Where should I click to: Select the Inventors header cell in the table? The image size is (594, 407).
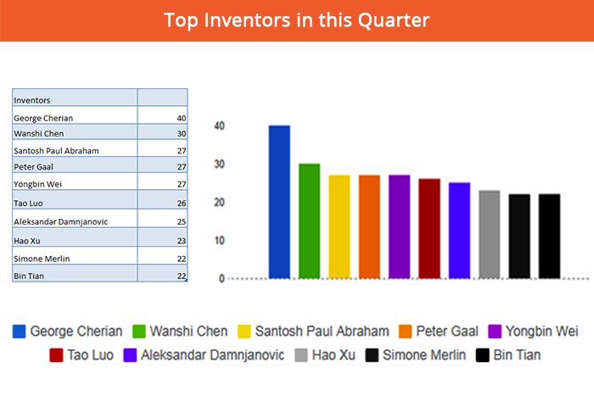coord(75,98)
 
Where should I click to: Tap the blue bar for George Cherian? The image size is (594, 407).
coord(279,202)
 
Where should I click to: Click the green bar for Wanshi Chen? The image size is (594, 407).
coord(310,221)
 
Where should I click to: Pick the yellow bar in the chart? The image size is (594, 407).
coord(339,226)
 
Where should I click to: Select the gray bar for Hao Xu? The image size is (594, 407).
coord(490,234)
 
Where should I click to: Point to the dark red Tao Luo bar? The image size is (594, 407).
coord(429,229)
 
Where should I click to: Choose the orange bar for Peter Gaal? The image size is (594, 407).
coord(369,226)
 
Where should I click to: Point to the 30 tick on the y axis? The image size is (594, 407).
coord(219,164)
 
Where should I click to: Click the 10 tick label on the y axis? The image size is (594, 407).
coord(219,241)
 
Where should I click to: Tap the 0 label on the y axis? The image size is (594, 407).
coord(221,279)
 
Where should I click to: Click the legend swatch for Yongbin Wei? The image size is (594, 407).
coord(495,332)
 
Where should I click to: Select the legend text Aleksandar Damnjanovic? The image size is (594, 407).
coord(212,355)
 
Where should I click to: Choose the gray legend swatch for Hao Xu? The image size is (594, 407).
coord(301,355)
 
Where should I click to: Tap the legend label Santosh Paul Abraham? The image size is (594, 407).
coord(322,332)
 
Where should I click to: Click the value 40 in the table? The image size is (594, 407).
coord(182,118)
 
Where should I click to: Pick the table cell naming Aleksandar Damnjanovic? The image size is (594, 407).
coord(75,219)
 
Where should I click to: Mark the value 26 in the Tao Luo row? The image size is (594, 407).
coord(182,203)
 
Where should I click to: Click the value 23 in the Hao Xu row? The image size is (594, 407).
coord(182,241)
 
